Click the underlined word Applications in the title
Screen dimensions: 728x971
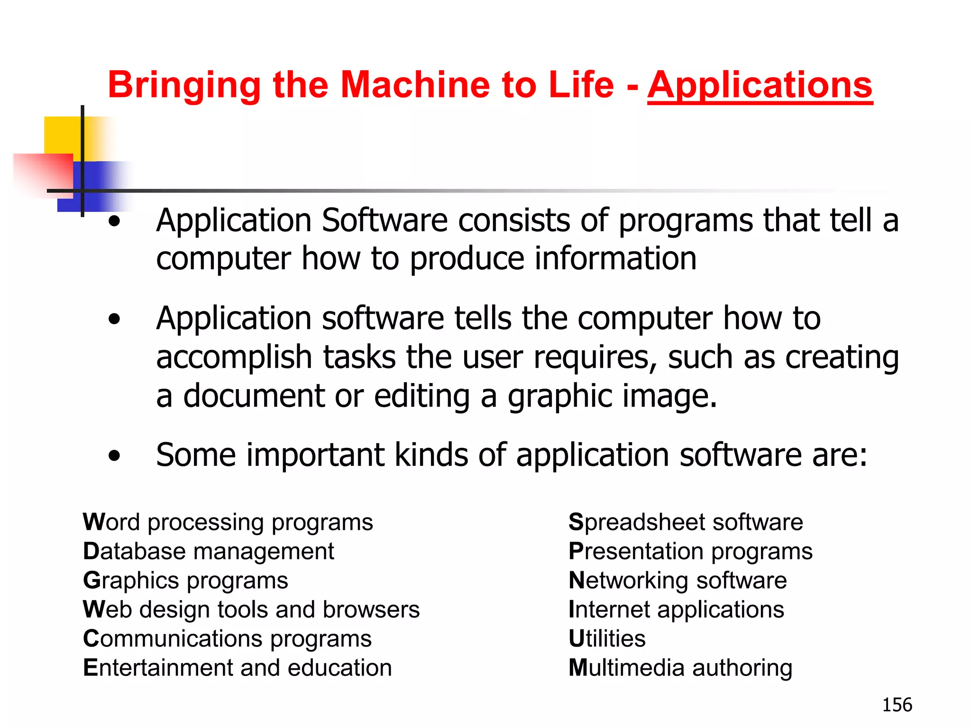(x=760, y=85)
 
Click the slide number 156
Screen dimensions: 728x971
(x=897, y=705)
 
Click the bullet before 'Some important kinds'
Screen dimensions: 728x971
(x=114, y=456)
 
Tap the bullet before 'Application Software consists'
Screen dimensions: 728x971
(x=114, y=221)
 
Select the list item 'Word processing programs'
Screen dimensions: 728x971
(x=228, y=523)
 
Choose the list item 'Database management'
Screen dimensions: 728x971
(x=209, y=552)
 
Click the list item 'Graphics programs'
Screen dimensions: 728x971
(x=185, y=581)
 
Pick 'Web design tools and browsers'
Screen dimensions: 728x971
(x=251, y=610)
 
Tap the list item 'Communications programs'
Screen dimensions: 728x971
(x=227, y=639)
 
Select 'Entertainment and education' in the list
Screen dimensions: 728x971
(x=238, y=668)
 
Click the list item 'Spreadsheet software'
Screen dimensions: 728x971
(x=686, y=523)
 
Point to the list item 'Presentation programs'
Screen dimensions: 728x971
(x=690, y=552)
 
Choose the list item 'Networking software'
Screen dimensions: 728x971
(x=678, y=581)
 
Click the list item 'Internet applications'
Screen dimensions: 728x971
(x=676, y=610)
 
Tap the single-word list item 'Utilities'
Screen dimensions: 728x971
(x=607, y=639)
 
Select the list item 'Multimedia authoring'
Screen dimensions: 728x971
(x=680, y=668)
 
